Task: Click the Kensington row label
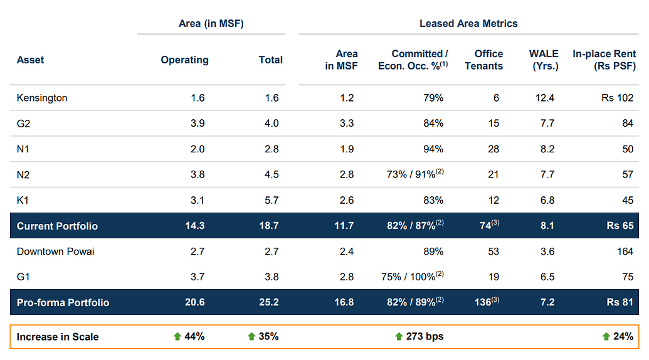coord(42,98)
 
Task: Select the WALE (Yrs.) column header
coord(543,60)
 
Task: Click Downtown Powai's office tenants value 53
coord(493,251)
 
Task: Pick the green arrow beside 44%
coord(177,337)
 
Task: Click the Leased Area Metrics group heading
coord(468,24)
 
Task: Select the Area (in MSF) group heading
coord(211,24)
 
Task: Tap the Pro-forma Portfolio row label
coord(63,302)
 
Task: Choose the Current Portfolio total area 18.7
coord(268,226)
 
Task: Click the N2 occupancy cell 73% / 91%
coord(415,174)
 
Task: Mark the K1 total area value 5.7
coord(272,200)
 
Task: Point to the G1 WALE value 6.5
coord(547,277)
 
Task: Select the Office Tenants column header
coord(483,60)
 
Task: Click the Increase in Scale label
coord(58,337)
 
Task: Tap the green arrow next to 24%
coord(606,337)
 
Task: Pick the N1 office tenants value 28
coord(493,149)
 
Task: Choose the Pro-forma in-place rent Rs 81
coord(620,302)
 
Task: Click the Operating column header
coord(184,60)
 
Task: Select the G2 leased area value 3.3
coord(347,124)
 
